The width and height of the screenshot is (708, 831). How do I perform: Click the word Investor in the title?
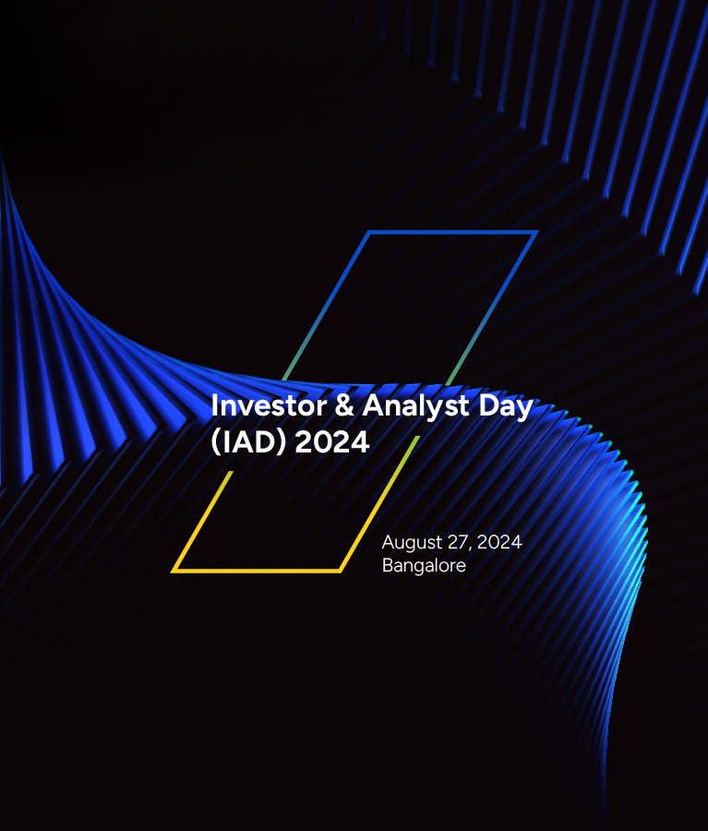(269, 406)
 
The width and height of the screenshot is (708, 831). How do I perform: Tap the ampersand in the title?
(344, 406)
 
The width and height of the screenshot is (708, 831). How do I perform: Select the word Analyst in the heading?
(416, 407)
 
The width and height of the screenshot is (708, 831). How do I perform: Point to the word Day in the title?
(506, 407)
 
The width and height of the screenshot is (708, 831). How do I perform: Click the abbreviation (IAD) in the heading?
(248, 442)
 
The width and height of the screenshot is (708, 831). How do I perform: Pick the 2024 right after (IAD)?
(331, 442)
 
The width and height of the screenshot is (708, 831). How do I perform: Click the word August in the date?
(412, 543)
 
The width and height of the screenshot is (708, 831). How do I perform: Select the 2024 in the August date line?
(499, 542)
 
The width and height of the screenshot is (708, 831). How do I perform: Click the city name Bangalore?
(424, 566)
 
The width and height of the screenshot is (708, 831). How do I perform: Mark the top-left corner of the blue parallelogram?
(369, 232)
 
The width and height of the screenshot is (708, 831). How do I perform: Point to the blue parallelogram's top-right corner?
(536, 232)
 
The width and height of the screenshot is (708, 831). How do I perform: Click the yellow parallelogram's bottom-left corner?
(173, 571)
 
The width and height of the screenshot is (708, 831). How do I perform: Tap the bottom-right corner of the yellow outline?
(341, 571)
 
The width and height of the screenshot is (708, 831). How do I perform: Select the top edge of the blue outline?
(452, 232)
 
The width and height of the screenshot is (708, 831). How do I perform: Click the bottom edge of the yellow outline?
(257, 571)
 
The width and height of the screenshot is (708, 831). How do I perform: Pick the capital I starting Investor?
(214, 406)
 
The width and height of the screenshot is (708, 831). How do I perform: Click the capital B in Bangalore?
(388, 565)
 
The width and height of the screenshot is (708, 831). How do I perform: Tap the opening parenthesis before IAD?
(215, 442)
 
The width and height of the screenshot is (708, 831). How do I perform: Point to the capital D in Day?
(488, 406)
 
